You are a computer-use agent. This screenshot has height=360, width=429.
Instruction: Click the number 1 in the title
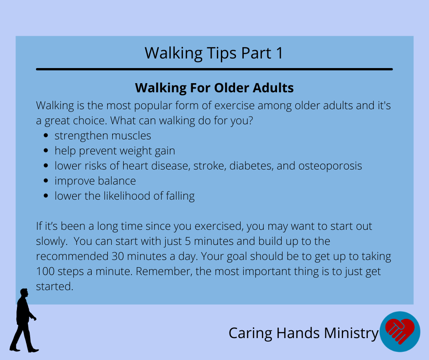[279, 53]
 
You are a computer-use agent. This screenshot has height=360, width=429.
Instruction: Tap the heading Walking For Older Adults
[214, 88]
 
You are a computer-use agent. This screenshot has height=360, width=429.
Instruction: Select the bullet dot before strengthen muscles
[46, 135]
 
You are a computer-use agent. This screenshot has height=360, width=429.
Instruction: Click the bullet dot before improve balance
[46, 180]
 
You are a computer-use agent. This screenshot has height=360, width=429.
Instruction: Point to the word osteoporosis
[330, 166]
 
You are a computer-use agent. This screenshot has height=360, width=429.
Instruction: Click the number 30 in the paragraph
[118, 256]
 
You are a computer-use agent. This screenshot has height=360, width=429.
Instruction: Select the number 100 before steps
[45, 271]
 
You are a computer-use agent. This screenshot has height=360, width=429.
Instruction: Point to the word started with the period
[55, 286]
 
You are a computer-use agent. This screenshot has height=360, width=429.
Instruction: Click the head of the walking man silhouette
[24, 292]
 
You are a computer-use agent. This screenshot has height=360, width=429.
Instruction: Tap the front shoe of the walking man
[33, 350]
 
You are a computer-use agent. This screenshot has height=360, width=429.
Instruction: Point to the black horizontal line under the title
[214, 69]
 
